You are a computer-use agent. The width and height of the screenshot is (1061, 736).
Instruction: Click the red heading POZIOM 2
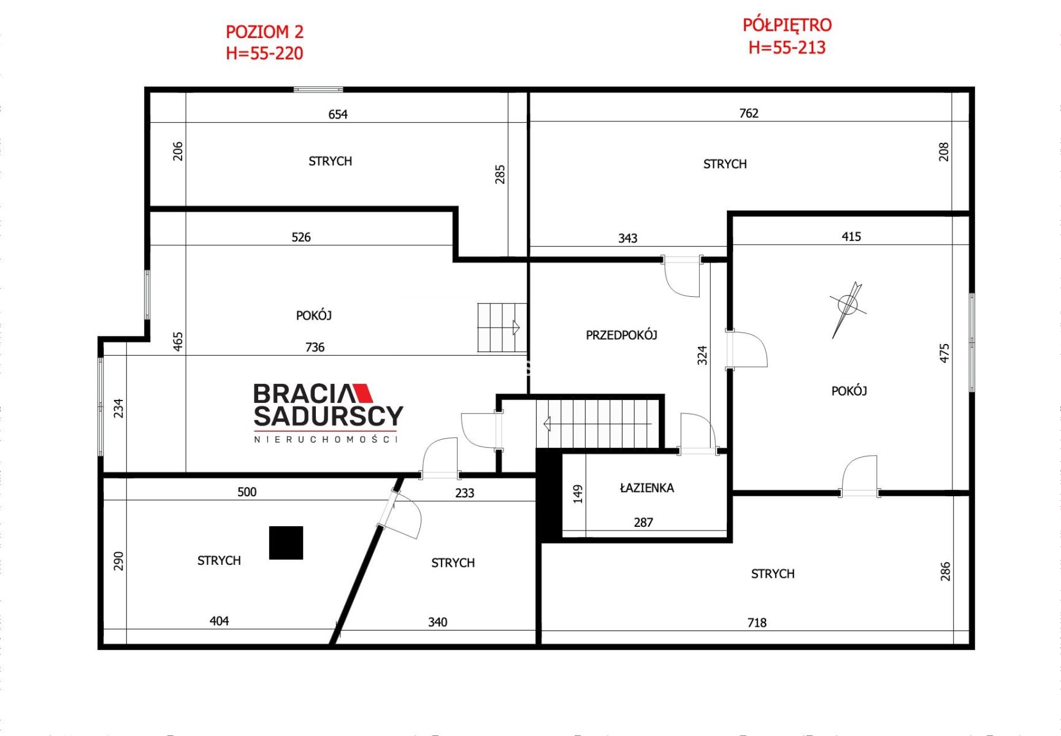tap(264, 32)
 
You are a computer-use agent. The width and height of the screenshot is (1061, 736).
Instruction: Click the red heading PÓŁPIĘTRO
tap(787, 25)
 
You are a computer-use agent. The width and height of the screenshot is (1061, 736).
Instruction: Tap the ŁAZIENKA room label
tap(647, 488)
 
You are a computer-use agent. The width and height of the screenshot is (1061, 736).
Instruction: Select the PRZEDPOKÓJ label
tap(621, 335)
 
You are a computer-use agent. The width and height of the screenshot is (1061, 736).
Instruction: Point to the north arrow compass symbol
tap(847, 309)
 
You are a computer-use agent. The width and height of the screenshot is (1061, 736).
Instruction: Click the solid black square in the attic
tap(286, 543)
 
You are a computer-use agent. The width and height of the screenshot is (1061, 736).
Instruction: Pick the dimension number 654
tap(338, 115)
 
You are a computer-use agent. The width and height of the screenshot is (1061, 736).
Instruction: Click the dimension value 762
tap(749, 113)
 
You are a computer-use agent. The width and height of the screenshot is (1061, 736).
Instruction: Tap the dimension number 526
tap(301, 237)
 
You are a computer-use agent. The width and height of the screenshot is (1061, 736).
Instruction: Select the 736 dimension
tap(315, 348)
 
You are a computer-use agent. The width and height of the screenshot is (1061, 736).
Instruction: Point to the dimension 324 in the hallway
tap(702, 355)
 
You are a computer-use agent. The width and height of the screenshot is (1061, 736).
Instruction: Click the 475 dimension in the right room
tap(944, 353)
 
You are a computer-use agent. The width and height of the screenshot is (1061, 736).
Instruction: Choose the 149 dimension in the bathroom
tap(578, 494)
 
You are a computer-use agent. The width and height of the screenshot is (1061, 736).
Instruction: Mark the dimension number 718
tap(757, 623)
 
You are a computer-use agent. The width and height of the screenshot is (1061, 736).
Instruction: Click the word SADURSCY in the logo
tap(329, 416)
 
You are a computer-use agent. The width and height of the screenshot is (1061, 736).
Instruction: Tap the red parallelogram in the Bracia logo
tap(363, 393)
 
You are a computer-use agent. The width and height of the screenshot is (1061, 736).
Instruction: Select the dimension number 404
tap(219, 621)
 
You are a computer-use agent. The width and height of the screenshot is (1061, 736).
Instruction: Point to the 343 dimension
tap(627, 239)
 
